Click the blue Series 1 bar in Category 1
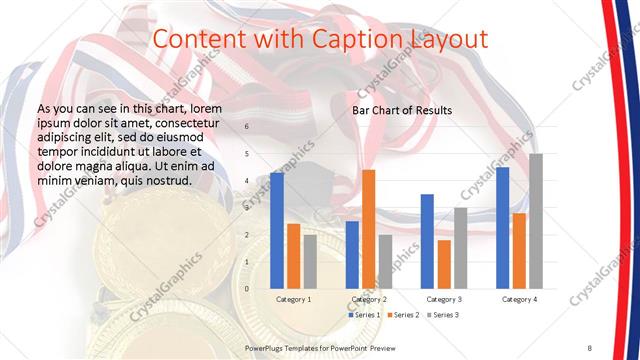pyautogui.click(x=277, y=230)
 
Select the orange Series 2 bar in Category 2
pyautogui.click(x=368, y=229)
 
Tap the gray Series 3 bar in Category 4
pyautogui.click(x=536, y=221)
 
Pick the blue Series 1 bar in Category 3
pyautogui.click(x=427, y=241)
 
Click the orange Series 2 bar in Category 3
pyautogui.click(x=444, y=264)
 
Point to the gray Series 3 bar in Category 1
pyautogui.click(x=310, y=261)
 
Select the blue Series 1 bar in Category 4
pyautogui.click(x=502, y=227)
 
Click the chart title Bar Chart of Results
pyautogui.click(x=402, y=110)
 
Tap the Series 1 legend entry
pyautogui.click(x=364, y=315)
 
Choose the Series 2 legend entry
pyautogui.click(x=403, y=315)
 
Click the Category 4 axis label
pyautogui.click(x=519, y=299)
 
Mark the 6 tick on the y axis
pyautogui.click(x=247, y=126)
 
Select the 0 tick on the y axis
pyautogui.click(x=247, y=288)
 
